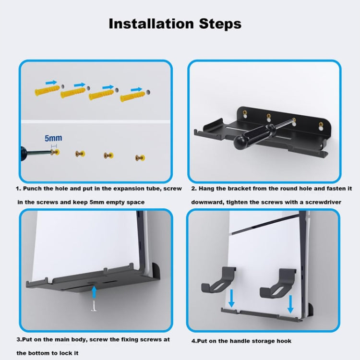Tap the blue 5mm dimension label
point(53,138)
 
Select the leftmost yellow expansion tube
point(47,91)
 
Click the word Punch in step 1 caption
point(33,189)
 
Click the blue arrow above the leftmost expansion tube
point(51,83)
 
